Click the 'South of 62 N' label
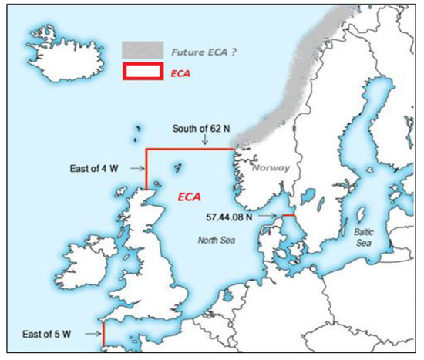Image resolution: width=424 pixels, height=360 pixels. coord(204,128)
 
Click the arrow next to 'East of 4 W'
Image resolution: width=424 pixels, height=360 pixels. coord(138,167)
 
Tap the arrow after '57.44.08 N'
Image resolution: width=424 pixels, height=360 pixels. coord(271,217)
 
